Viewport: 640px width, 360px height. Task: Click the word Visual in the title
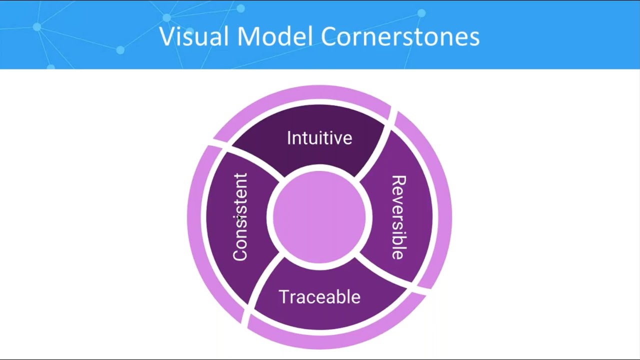(195, 36)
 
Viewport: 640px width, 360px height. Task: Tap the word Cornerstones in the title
(400, 36)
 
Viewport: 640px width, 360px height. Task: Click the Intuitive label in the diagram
(319, 138)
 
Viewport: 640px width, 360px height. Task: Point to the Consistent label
(240, 217)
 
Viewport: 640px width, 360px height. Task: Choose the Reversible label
(398, 217)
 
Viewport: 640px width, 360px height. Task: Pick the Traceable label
(319, 297)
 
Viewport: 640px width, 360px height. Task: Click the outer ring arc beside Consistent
(196, 220)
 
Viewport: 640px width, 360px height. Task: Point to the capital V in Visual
(167, 36)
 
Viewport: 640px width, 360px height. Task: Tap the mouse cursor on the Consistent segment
(239, 218)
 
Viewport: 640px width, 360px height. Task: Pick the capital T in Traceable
(283, 297)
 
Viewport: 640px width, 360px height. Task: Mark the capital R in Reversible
(398, 181)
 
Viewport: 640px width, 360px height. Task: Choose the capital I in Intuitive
(289, 138)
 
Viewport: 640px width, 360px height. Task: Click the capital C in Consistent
(240, 254)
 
